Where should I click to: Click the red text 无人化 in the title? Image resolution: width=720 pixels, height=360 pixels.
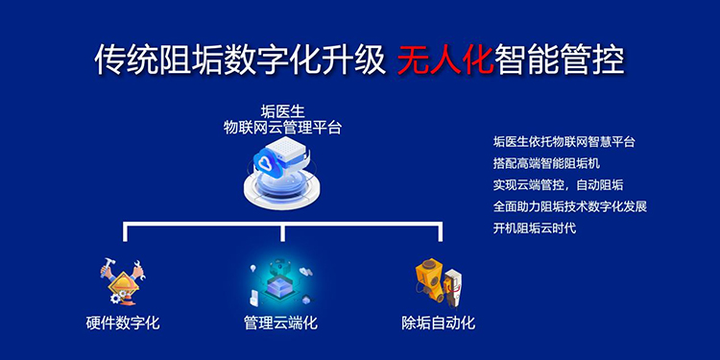pyautogui.click(x=444, y=60)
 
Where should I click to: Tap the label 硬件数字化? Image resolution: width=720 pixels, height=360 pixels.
pyautogui.click(x=123, y=323)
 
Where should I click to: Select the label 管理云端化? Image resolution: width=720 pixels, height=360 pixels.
pyautogui.click(x=280, y=323)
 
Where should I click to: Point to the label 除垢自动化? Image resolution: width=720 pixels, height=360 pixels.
pyautogui.click(x=438, y=323)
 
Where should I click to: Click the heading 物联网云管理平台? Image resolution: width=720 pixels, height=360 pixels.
pyautogui.click(x=282, y=127)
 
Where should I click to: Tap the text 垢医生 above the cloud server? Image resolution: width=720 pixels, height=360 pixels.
pyautogui.click(x=282, y=111)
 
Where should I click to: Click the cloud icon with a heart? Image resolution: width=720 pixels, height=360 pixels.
pyautogui.click(x=270, y=161)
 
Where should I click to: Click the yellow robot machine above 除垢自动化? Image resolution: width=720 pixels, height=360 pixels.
pyautogui.click(x=430, y=280)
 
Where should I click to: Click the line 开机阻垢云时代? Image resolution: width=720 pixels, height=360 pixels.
pyautogui.click(x=535, y=228)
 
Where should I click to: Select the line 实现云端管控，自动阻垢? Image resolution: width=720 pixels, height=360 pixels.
pyautogui.click(x=559, y=185)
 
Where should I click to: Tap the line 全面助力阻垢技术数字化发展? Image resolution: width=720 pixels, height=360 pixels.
pyautogui.click(x=570, y=206)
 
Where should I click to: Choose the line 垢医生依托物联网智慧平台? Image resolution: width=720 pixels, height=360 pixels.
pyautogui.click(x=564, y=142)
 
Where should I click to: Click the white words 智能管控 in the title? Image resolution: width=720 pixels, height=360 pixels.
pyautogui.click(x=560, y=60)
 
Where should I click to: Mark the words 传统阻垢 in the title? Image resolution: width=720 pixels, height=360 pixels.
pyautogui.click(x=158, y=60)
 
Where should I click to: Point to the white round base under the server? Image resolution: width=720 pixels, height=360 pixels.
pyautogui.click(x=282, y=193)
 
